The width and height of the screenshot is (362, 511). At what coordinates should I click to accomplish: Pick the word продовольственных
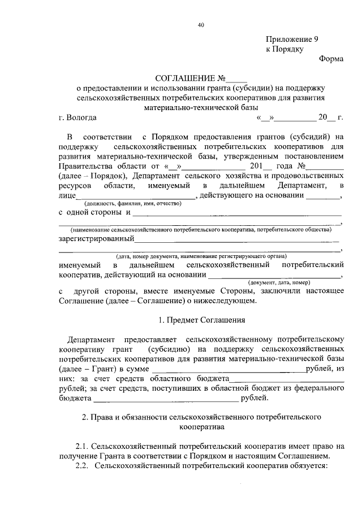point(307,176)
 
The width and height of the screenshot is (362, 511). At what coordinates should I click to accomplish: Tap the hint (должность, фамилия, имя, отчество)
point(133,203)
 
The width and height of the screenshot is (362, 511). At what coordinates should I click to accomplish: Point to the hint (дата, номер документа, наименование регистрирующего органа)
point(201,256)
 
